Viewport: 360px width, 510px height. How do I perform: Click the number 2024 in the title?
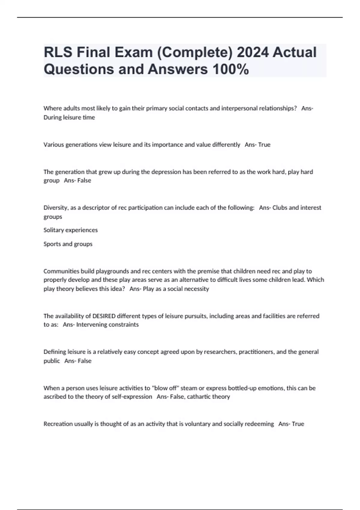[x=253, y=52]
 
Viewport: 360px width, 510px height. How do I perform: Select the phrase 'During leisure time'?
[x=69, y=118]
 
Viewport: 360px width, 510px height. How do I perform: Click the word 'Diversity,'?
[x=56, y=208]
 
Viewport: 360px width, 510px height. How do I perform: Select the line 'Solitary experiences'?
[x=70, y=230]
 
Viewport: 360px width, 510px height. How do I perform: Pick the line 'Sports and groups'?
[x=68, y=244]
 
